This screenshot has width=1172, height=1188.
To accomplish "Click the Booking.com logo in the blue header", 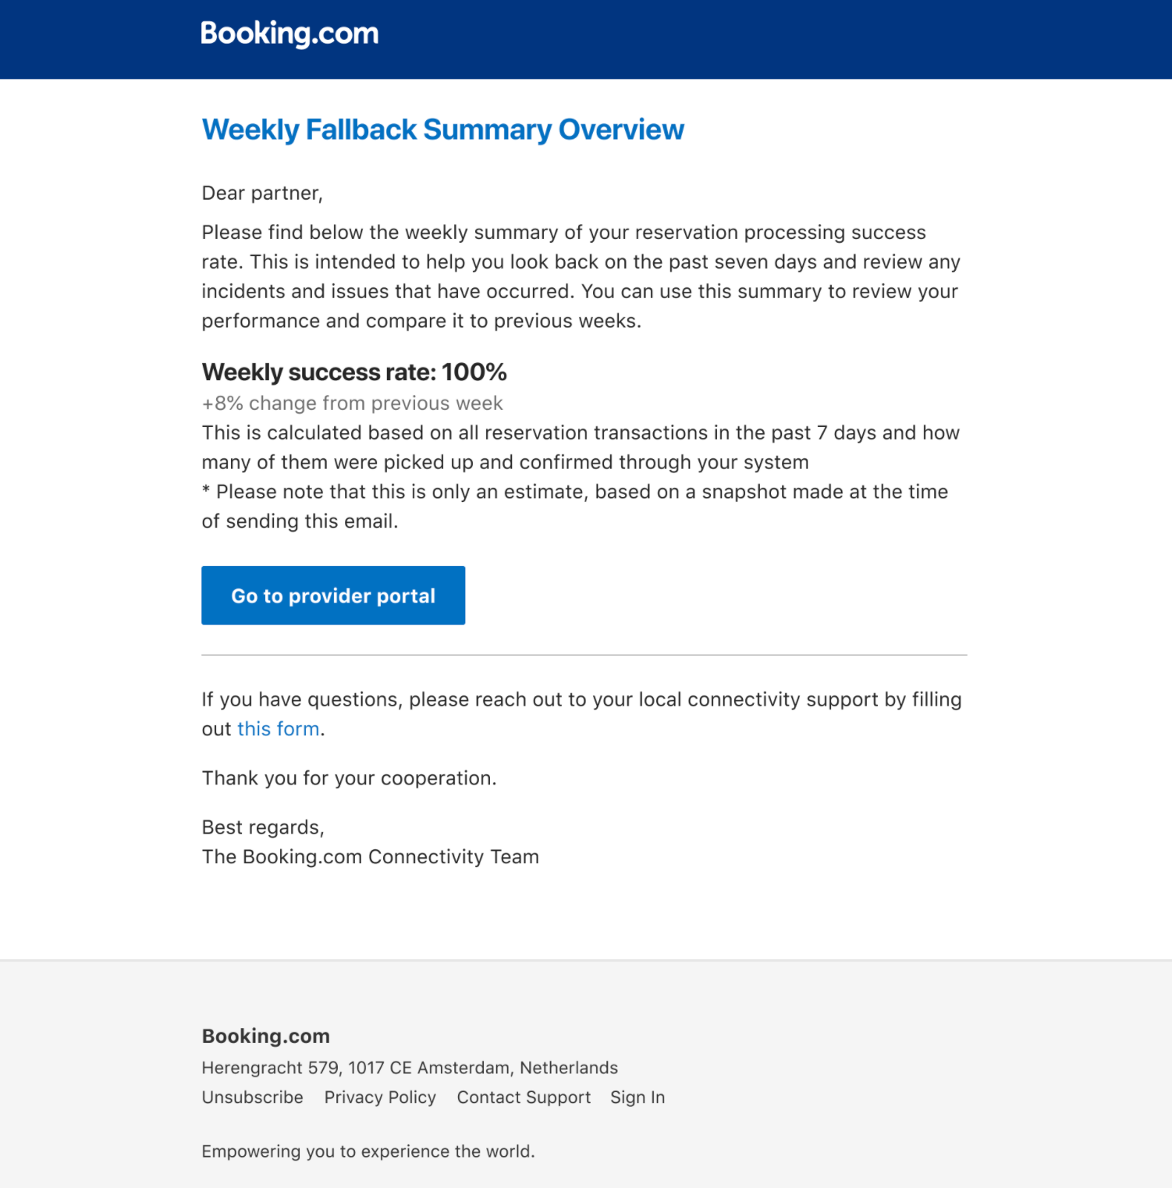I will (289, 34).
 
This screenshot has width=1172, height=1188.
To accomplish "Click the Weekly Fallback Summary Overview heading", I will (442, 130).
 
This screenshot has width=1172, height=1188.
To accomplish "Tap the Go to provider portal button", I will (333, 596).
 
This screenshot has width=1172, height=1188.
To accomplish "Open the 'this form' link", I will (279, 729).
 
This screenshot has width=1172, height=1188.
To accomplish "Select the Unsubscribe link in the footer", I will (252, 1097).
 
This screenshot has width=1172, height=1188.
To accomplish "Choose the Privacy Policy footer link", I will (380, 1097).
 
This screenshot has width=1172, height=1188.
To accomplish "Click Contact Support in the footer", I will (524, 1097).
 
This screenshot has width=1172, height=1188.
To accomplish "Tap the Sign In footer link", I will (637, 1097).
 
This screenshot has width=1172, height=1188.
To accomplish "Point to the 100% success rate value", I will (474, 372).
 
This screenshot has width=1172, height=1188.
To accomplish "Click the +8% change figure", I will (222, 404).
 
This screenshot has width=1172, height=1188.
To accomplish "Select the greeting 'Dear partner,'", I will (262, 194).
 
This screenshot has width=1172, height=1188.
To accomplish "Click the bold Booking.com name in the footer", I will (265, 1036).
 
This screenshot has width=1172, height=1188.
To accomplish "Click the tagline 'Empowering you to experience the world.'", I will (368, 1151).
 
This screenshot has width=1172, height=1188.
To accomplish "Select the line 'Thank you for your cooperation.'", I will (349, 778).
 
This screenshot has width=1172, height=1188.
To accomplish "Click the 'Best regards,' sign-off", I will (263, 827).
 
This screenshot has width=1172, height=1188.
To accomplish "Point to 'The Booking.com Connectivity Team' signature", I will (370, 857).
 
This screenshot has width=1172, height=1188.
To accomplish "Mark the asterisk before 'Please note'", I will (206, 491).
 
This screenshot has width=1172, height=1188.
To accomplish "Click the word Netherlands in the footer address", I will (569, 1068).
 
